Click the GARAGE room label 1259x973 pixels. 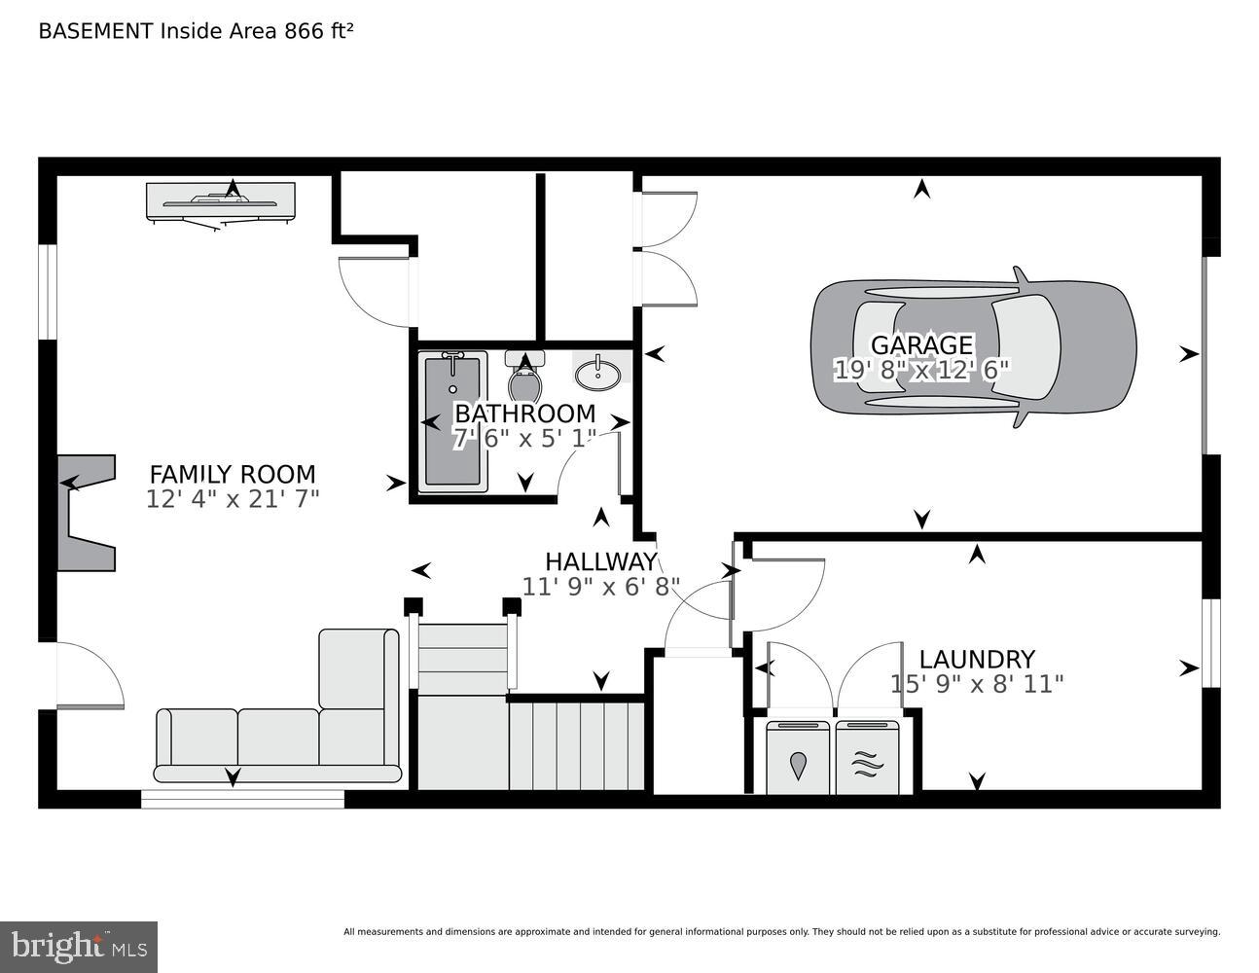pos(920,344)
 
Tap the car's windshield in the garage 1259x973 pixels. pos(1025,345)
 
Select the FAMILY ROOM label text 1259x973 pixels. pos(233,474)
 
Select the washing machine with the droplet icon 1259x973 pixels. pos(798,758)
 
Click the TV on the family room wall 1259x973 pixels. pos(221,201)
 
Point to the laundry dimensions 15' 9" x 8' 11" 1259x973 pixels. pos(976,684)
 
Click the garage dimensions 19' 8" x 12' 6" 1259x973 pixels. pos(920,369)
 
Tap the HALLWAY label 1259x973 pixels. pos(600,561)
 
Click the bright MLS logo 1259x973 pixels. pos(78,946)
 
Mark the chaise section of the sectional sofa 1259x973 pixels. pos(358,671)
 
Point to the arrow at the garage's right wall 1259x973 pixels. pos(1188,355)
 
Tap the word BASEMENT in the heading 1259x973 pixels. pos(95,30)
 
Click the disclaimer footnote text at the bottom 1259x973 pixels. pos(781,931)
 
